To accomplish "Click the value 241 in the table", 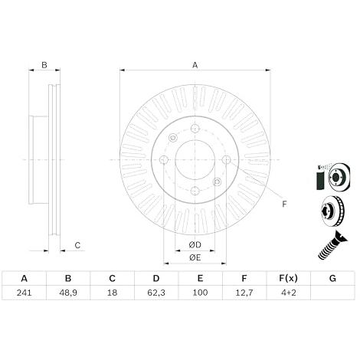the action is [25, 293].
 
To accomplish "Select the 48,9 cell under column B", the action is [68, 293].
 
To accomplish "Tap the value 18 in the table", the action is [112, 293].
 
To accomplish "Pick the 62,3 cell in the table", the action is [156, 293].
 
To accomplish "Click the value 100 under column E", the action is [200, 293].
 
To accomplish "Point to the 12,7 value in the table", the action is [244, 293].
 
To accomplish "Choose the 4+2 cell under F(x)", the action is [289, 293].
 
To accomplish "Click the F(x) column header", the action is [288, 278].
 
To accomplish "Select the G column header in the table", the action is [332, 278].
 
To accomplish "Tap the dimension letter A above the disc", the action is [195, 65].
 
